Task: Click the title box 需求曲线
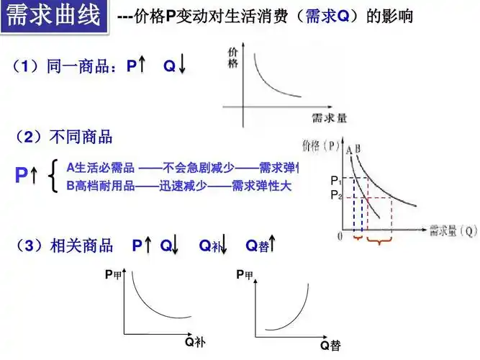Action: [55, 16]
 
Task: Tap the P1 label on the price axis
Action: [335, 179]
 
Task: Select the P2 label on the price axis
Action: [335, 194]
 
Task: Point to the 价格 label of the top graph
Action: [232, 58]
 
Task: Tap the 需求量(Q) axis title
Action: [453, 231]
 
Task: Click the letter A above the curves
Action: [348, 149]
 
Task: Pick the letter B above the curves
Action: [357, 149]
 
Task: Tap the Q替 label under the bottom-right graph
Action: [330, 346]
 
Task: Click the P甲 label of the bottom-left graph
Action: [113, 274]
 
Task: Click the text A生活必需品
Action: [101, 168]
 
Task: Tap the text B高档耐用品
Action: [101, 186]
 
